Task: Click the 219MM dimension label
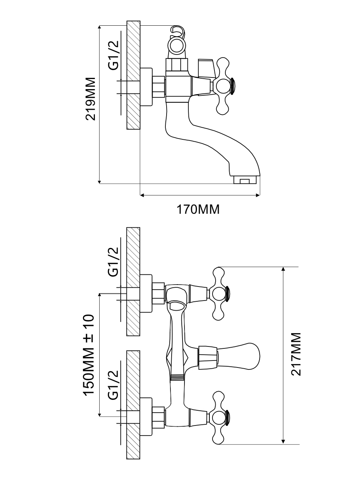point(91,99)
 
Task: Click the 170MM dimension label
point(198,209)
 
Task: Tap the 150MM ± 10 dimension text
point(89,354)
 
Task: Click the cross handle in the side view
point(223,86)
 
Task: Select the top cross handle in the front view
point(219,294)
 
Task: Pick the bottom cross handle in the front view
point(219,418)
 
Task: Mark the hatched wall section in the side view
point(133,75)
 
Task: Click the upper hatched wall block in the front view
point(133,281)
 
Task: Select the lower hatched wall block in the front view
point(133,405)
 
